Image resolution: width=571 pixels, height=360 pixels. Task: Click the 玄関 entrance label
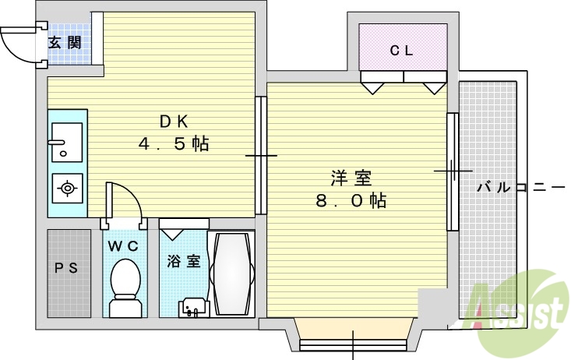tap(65, 43)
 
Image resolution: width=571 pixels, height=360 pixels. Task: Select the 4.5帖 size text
tap(174, 144)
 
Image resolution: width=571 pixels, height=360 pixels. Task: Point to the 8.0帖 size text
tap(350, 201)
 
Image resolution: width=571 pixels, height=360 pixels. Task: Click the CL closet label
tap(402, 51)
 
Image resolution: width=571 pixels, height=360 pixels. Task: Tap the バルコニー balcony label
tap(519, 187)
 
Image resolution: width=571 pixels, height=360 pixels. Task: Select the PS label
tap(66, 269)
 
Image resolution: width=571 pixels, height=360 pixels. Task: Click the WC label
tap(123, 246)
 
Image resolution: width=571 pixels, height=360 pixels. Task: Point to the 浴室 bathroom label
tap(183, 261)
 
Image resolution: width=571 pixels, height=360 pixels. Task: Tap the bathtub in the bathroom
tap(231, 274)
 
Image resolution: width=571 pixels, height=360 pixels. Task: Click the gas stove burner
tap(68, 188)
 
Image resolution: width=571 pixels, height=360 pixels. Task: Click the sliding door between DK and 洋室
tap(262, 156)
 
